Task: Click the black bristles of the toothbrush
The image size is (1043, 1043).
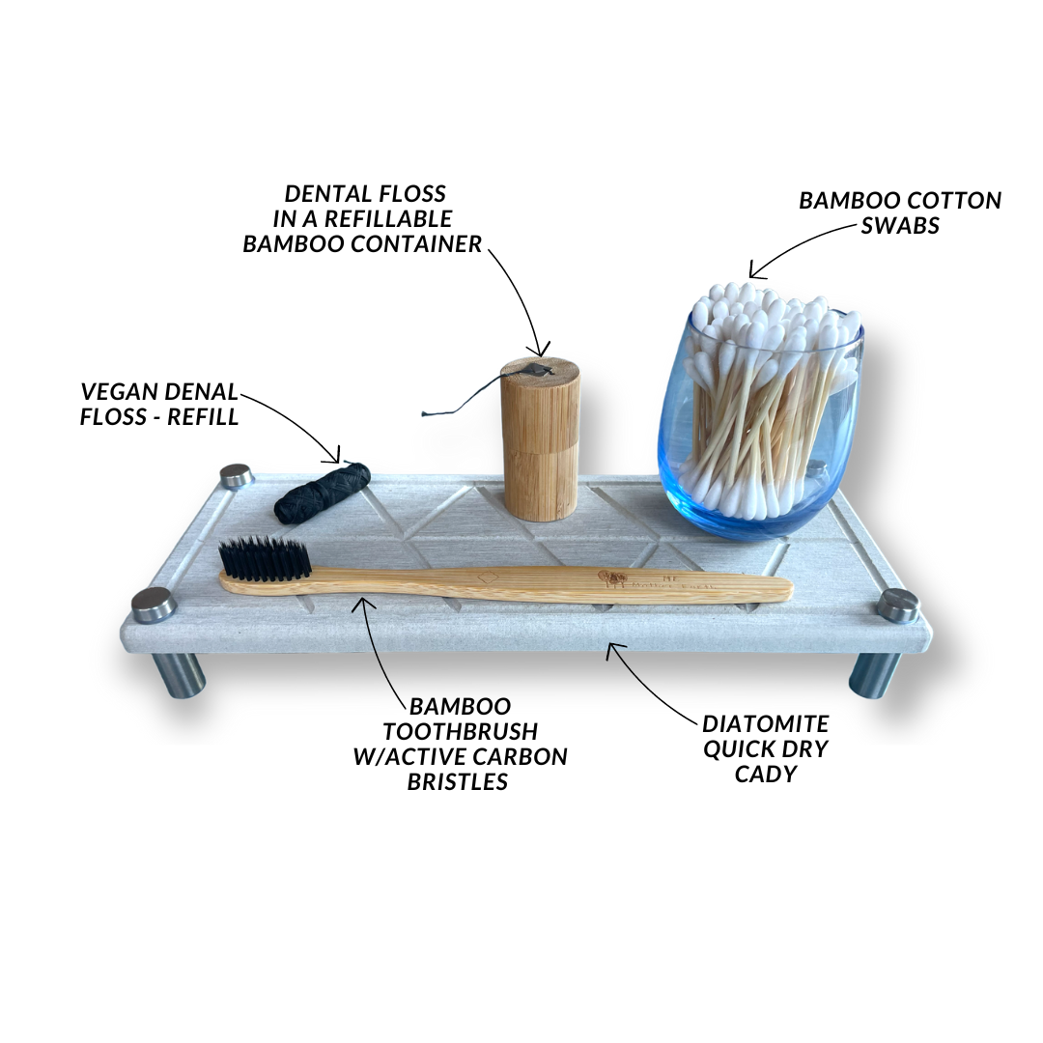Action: point(264,558)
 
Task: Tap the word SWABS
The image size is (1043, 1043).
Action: point(899,225)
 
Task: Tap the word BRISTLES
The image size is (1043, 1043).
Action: point(458,782)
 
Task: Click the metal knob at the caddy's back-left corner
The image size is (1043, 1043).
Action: point(236,476)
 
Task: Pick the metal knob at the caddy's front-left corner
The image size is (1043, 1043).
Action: point(154,605)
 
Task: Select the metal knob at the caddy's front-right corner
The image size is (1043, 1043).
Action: point(898,605)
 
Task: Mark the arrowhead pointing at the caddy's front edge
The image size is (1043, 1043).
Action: point(611,650)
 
